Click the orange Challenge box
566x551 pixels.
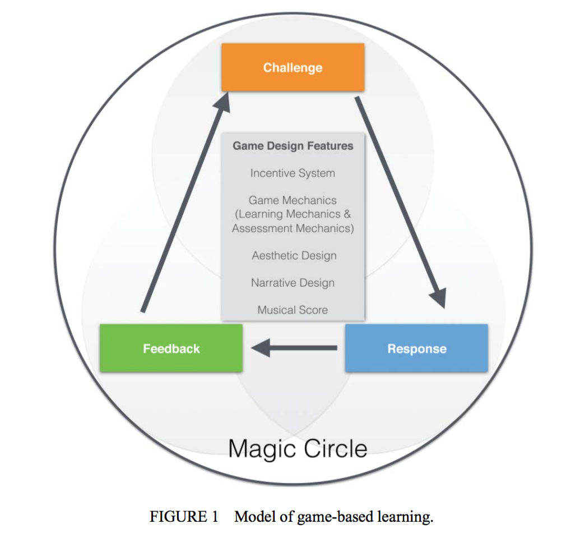click(293, 67)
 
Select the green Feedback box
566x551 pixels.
click(171, 348)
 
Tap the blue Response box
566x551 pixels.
click(416, 348)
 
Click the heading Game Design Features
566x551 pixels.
click(293, 146)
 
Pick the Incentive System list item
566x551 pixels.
click(293, 173)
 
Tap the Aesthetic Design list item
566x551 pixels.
click(294, 256)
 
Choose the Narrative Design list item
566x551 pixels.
click(293, 283)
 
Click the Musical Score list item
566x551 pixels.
click(293, 310)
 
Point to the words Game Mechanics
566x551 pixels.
click(293, 200)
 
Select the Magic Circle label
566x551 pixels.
click(298, 448)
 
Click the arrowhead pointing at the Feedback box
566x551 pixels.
click(261, 348)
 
